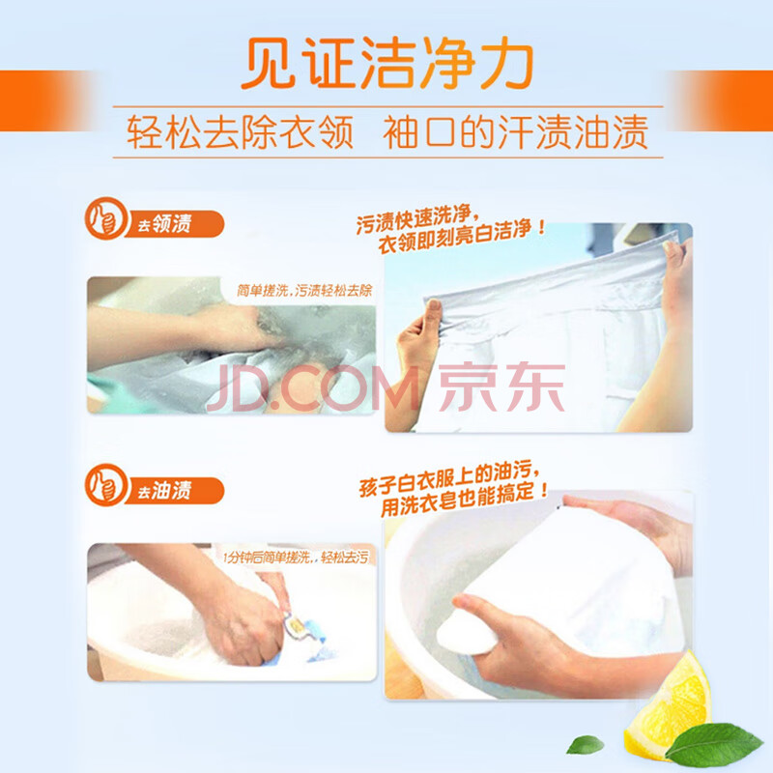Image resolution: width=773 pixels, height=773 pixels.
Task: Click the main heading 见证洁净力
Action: click(387, 63)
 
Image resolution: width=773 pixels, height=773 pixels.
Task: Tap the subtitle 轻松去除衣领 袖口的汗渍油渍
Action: click(387, 132)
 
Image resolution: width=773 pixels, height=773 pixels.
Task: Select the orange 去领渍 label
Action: click(174, 224)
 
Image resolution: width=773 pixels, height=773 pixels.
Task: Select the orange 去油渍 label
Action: click(174, 491)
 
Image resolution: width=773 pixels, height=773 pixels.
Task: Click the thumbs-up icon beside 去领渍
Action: click(106, 218)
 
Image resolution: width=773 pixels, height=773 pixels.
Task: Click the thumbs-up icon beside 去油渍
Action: click(106, 485)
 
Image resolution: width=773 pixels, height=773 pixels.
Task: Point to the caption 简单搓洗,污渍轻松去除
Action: click(304, 291)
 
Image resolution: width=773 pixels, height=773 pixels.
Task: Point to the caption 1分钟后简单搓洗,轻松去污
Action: click(296, 558)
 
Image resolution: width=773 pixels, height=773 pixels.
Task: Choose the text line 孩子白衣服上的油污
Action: click(449, 480)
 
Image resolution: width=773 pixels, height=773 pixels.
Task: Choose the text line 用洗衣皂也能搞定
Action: click(465, 499)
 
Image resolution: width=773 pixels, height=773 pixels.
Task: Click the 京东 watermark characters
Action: click(501, 387)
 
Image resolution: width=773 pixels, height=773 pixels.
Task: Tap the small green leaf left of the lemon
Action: click(586, 744)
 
